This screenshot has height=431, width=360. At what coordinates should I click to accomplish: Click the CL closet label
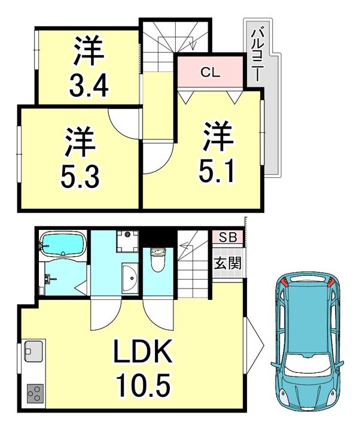(x=210, y=72)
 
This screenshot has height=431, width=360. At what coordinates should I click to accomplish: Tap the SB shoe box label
(x=228, y=237)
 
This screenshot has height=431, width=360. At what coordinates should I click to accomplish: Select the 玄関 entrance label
(x=228, y=263)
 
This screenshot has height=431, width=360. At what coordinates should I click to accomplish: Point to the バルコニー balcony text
(x=256, y=56)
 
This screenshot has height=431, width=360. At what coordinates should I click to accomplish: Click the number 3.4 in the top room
(x=89, y=85)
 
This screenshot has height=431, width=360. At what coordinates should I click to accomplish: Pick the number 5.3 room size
(x=80, y=176)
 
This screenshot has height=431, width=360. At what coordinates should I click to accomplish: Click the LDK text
(x=143, y=351)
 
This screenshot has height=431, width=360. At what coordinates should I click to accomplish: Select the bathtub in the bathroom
(x=63, y=244)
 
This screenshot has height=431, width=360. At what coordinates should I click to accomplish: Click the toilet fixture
(x=158, y=259)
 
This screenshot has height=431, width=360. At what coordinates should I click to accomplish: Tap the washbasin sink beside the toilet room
(x=130, y=278)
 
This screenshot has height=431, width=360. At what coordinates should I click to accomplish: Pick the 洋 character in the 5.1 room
(x=218, y=136)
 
